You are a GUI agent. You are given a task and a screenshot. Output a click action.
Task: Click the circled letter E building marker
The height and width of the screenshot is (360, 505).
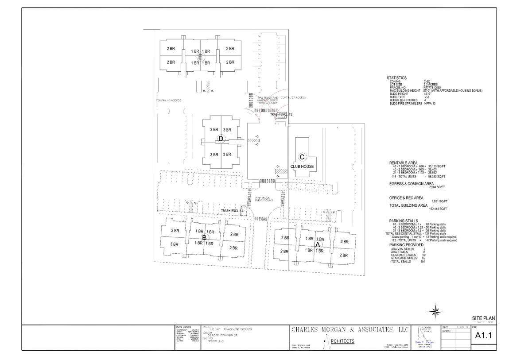point(200,57)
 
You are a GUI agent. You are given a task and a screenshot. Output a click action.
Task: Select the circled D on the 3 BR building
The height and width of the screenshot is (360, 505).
point(221,139)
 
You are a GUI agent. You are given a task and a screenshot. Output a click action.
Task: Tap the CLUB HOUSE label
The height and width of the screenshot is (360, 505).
point(302,166)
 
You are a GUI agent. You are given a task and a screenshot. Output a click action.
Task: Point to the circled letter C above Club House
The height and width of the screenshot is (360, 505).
point(302,157)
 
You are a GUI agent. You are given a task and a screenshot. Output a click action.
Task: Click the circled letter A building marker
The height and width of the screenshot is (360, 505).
point(318,244)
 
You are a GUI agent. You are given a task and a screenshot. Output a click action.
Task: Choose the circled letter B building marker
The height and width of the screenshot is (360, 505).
point(204,237)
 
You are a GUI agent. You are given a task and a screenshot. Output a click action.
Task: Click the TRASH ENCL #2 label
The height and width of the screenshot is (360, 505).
point(281,114)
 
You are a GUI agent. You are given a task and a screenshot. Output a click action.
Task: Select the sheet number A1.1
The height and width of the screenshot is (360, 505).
point(483,336)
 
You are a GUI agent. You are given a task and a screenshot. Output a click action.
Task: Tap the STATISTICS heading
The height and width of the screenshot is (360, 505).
point(396,78)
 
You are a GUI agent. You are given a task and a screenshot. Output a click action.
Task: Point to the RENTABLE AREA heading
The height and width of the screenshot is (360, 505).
point(403,163)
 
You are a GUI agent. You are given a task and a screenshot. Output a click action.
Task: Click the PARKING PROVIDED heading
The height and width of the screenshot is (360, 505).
point(406,245)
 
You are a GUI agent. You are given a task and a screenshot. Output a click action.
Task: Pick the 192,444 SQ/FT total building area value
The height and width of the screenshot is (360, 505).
point(439,209)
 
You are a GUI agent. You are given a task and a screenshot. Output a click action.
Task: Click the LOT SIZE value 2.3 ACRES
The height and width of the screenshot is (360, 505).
point(431,84)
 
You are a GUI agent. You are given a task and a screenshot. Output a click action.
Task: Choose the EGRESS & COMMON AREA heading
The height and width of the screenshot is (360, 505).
point(411,183)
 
